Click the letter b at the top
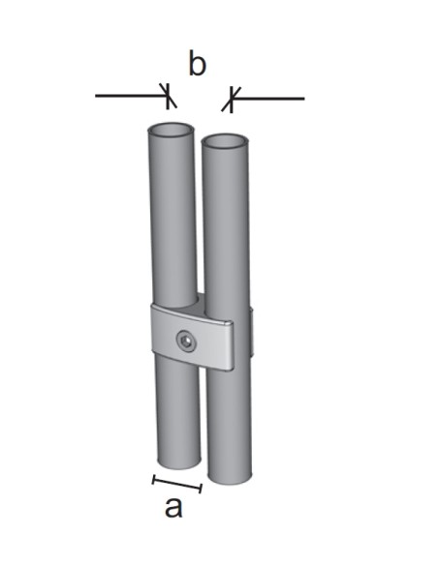(197, 65)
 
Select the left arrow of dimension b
(131, 97)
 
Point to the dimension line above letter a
(177, 483)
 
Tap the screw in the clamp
(185, 340)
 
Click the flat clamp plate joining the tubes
(208, 339)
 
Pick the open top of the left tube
(171, 130)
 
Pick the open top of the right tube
(226, 142)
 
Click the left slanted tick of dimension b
(171, 97)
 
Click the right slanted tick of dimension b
(230, 98)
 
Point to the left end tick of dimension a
(155, 478)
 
